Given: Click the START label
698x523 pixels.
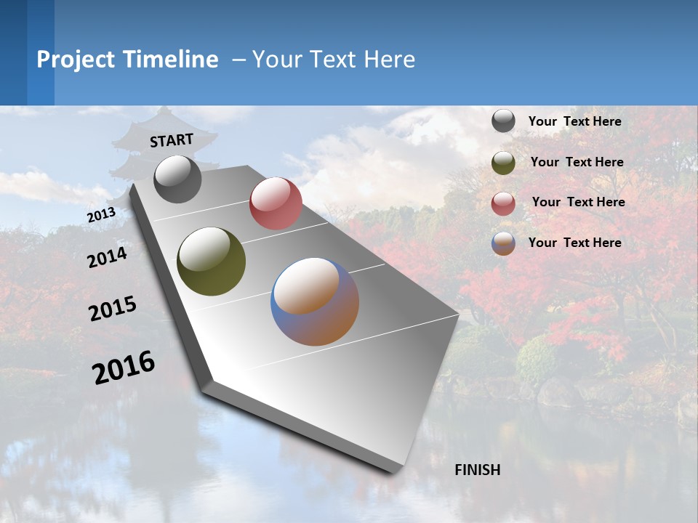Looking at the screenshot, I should [172, 139].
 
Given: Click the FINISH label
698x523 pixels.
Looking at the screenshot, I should [478, 470].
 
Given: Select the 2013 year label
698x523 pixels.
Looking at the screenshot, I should [101, 215].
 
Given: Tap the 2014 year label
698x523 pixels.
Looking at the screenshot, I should [107, 258].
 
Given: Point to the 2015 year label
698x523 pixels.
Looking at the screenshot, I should [113, 309].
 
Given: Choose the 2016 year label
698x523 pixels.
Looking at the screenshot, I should [124, 367].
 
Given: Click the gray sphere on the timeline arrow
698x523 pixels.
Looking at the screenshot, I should [177, 179].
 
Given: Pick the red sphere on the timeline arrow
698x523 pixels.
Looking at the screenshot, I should [276, 203].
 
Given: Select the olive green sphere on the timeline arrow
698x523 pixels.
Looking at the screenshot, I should [211, 261].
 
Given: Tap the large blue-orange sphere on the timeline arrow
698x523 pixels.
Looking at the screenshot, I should [315, 301].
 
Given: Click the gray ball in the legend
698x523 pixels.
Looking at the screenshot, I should [503, 121].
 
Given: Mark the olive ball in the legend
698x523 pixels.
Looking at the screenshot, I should [503, 163].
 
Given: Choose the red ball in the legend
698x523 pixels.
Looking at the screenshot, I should [503, 203].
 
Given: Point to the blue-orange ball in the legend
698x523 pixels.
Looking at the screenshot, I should [503, 243].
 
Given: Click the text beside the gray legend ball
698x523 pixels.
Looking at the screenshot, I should [574, 122].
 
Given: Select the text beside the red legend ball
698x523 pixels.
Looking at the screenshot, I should [578, 202].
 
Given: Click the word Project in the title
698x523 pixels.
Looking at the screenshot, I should [73, 60].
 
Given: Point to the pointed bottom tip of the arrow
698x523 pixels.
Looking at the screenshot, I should [393, 471].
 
